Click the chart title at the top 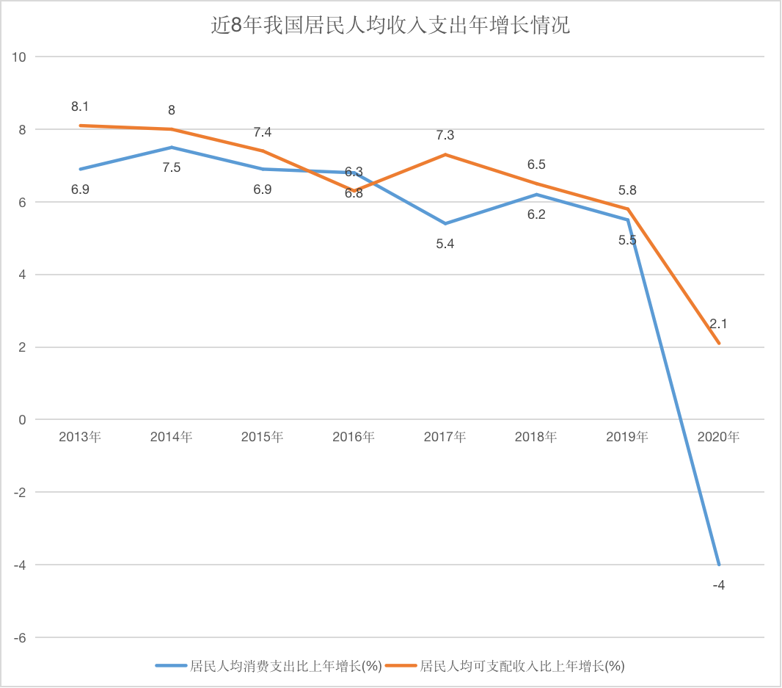pyautogui.click(x=390, y=27)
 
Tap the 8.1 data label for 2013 pyautogui.click(x=80, y=107)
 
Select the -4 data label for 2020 pyautogui.click(x=719, y=584)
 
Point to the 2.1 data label pyautogui.click(x=719, y=324)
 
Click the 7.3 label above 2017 pyautogui.click(x=445, y=136)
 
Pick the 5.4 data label pyautogui.click(x=445, y=244)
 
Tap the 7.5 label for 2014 pyautogui.click(x=172, y=167)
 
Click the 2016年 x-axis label pyautogui.click(x=354, y=437)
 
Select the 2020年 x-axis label pyautogui.click(x=719, y=437)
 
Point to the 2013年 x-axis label pyautogui.click(x=80, y=437)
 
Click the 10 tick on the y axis pyautogui.click(x=20, y=57)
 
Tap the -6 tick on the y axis pyautogui.click(x=20, y=637)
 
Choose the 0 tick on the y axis pyautogui.click(x=23, y=420)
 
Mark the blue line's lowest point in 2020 pyautogui.click(x=719, y=565)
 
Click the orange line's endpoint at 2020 pyautogui.click(x=719, y=343)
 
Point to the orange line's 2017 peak pyautogui.click(x=445, y=155)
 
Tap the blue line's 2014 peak pyautogui.click(x=172, y=148)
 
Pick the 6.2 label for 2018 pyautogui.click(x=536, y=215)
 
